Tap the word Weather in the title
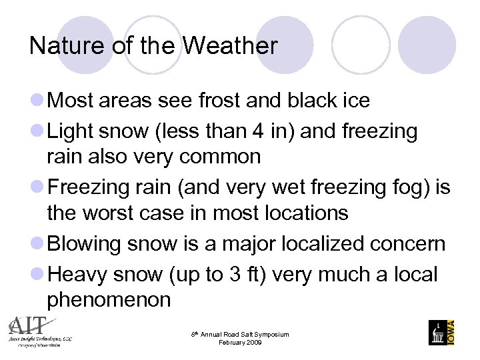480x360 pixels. pos(230,46)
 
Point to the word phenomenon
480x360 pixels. pos(109,299)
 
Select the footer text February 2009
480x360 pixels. pos(240,343)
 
